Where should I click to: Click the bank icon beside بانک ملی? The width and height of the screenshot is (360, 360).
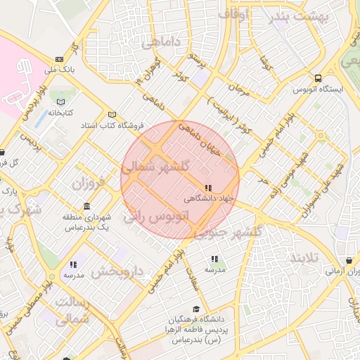[59, 58]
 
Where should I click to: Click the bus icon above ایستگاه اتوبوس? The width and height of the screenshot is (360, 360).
[319, 78]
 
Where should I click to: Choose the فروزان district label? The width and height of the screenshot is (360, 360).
[87, 184]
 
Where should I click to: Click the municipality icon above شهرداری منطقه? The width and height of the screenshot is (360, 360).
[86, 206]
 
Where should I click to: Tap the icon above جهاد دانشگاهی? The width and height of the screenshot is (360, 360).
[207, 188]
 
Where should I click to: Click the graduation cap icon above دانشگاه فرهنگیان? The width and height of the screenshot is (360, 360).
[197, 309]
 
